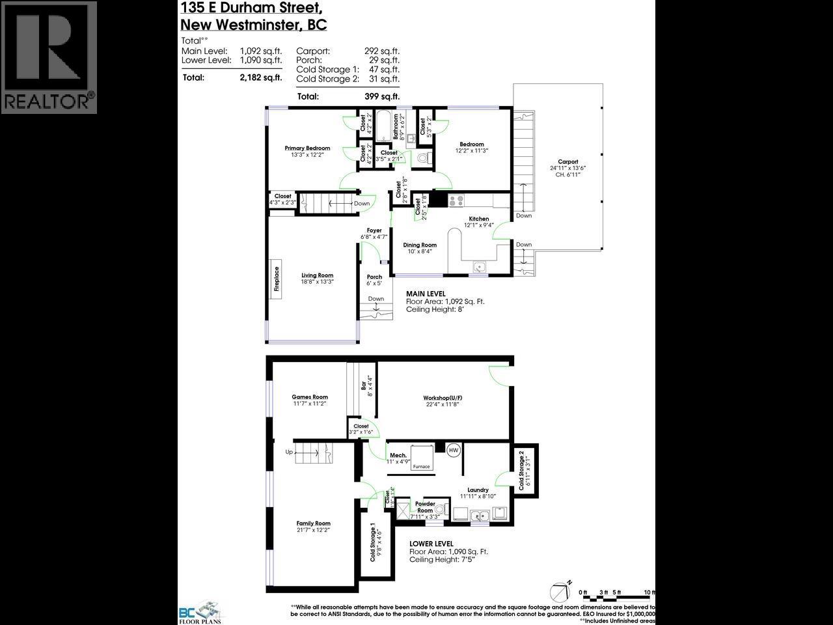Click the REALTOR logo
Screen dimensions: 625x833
tap(49, 57)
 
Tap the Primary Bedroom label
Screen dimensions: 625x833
tap(307, 148)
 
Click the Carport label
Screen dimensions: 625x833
tap(567, 162)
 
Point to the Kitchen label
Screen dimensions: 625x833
tap(478, 219)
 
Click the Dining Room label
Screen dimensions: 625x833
tap(419, 245)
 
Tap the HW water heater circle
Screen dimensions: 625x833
tap(453, 450)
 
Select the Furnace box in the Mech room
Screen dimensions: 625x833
tap(421, 458)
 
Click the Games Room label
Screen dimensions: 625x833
tap(310, 396)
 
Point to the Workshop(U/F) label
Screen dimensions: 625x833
tap(443, 398)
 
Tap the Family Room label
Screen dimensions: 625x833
tap(313, 523)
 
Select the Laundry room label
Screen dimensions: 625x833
tap(478, 490)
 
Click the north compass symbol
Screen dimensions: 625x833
tap(560, 590)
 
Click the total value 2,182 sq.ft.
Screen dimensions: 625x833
tap(260, 77)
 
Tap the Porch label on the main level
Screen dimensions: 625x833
tap(374, 277)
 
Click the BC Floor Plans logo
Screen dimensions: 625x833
tap(200, 612)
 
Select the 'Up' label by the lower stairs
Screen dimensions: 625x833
tap(289, 451)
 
